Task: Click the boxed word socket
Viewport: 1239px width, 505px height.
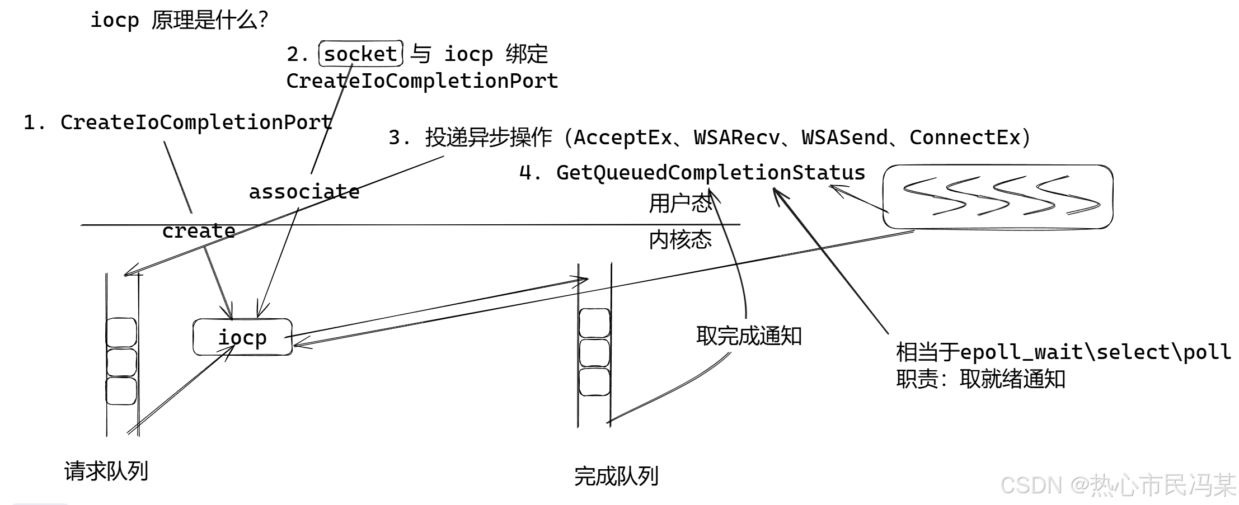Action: point(360,54)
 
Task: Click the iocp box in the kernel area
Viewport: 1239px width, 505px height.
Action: point(242,337)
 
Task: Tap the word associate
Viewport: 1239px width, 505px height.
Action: point(304,192)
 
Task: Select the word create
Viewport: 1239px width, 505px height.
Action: point(199,231)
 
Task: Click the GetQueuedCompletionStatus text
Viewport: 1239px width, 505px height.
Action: point(710,173)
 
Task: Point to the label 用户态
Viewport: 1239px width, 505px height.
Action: point(680,204)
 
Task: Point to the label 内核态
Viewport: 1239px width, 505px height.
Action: point(680,240)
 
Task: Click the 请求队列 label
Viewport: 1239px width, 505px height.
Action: point(106,471)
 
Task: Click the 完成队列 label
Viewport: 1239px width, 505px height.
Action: point(616,476)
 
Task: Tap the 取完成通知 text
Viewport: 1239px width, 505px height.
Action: point(749,336)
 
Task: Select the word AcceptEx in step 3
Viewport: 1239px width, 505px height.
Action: point(623,138)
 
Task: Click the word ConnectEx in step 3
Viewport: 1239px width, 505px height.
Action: point(965,138)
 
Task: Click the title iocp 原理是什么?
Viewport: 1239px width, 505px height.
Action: point(179,20)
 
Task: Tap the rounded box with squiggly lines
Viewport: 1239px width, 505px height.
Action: point(998,197)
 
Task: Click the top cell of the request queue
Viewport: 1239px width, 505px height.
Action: point(121,332)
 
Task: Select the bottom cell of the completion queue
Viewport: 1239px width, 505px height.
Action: point(594,382)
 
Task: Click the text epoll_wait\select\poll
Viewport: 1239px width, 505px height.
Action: point(1095,352)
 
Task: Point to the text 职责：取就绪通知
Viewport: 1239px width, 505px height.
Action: point(980,379)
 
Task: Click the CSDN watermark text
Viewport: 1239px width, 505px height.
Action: point(1117,484)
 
